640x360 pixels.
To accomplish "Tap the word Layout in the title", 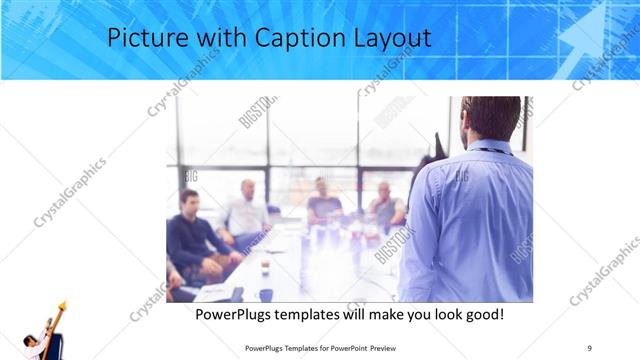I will coord(396,39).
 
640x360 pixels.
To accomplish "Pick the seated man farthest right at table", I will coord(384,206).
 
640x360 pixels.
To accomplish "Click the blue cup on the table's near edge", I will coord(265,294).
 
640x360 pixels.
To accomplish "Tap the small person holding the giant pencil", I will coord(35,345).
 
